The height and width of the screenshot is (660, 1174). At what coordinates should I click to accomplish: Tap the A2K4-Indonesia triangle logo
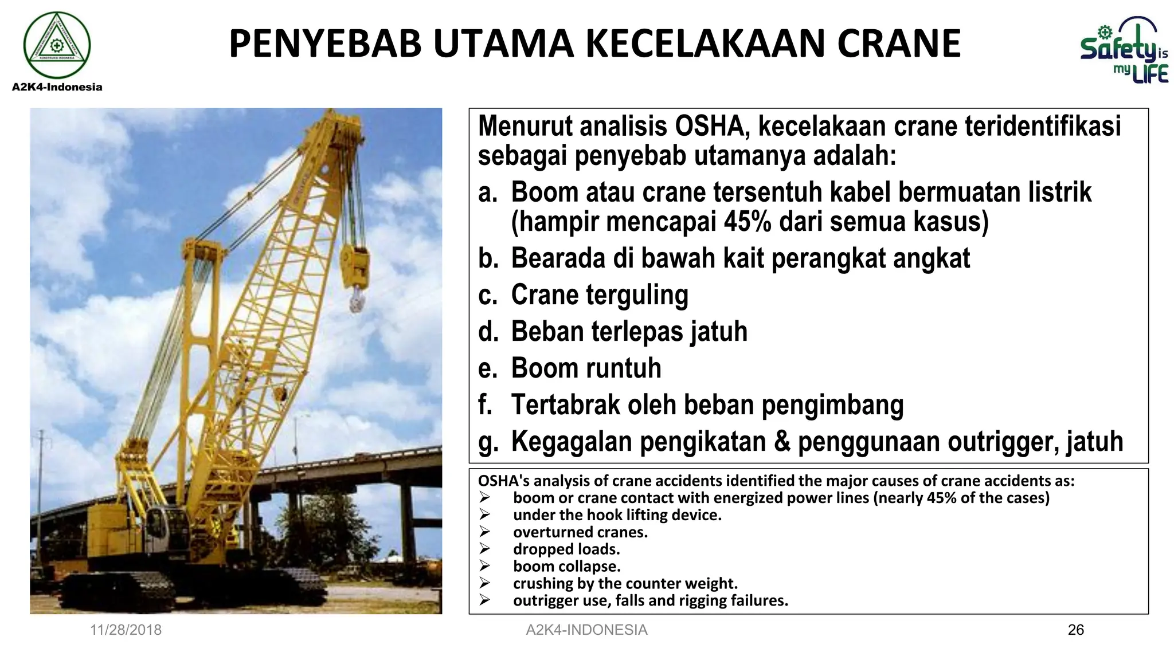pos(57,45)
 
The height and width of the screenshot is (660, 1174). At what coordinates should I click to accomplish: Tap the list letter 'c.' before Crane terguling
pos(488,295)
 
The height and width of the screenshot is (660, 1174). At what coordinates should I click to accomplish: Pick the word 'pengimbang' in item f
pos(832,405)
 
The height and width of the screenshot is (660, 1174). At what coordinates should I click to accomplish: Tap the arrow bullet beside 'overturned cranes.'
pos(485,532)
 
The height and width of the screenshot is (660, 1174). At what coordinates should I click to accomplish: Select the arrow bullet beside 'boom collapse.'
pos(485,566)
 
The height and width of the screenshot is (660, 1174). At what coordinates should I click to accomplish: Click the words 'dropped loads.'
pos(566,549)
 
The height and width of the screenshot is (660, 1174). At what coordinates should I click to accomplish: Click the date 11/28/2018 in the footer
pos(126,630)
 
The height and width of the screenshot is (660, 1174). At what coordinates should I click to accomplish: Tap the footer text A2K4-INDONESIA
pos(586,630)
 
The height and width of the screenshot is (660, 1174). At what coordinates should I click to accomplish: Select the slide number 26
pos(1075,630)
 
